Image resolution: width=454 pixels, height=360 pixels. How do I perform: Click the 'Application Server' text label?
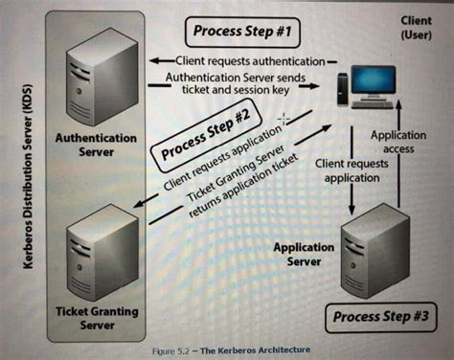point(305,254)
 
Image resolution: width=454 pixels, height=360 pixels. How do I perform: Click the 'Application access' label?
point(398,143)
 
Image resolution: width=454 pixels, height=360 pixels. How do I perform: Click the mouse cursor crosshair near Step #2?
point(282,119)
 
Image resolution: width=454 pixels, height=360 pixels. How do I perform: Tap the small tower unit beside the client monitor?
point(343,92)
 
